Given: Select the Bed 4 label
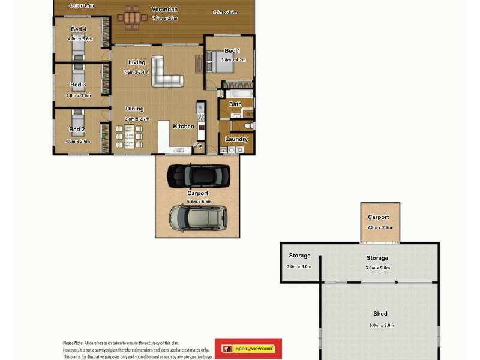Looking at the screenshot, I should pyautogui.click(x=79, y=29).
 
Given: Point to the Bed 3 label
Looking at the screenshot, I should pyautogui.click(x=78, y=85).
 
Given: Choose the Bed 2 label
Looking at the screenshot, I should pyautogui.click(x=76, y=130).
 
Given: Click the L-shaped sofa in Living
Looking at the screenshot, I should pyautogui.click(x=164, y=73).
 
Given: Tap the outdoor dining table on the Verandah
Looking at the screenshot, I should pyautogui.click(x=132, y=17).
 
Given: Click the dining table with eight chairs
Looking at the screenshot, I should pyautogui.click(x=129, y=137).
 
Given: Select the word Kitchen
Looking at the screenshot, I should pyautogui.click(x=184, y=127).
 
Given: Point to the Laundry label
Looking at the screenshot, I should pyautogui.click(x=236, y=139).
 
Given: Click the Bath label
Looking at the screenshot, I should pyautogui.click(x=235, y=104).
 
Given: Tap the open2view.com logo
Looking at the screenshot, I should pyautogui.click(x=248, y=349).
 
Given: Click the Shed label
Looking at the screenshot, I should pyautogui.click(x=380, y=314).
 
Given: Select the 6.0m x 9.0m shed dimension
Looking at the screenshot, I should pyautogui.click(x=380, y=325).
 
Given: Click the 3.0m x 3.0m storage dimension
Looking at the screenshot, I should pyautogui.click(x=299, y=266).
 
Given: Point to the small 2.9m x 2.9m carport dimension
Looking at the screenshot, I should pyautogui.click(x=379, y=227).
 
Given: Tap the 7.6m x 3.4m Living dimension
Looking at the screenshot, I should pyautogui.click(x=136, y=73).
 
